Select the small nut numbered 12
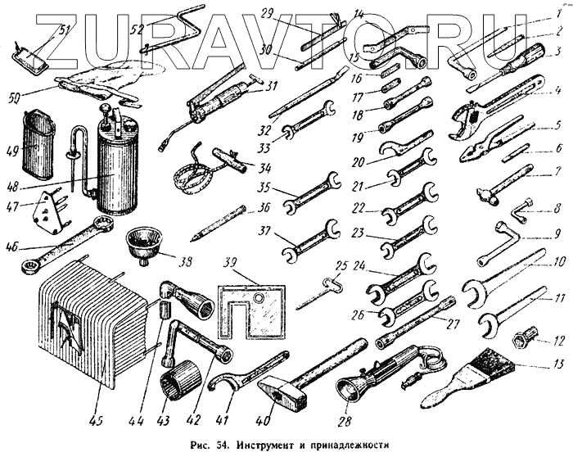tap(524, 337)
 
